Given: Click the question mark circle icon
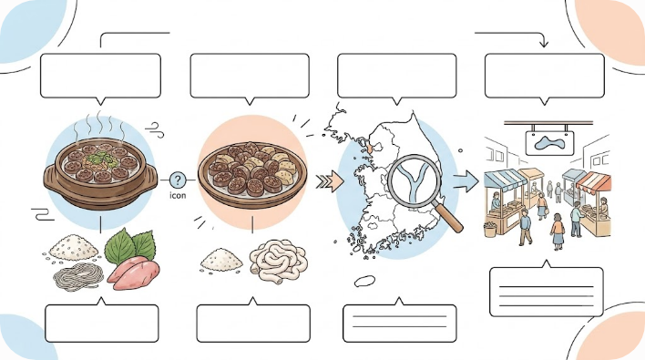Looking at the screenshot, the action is [178, 180].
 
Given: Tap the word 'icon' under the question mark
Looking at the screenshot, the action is [178, 195].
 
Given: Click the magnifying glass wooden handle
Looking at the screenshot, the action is [449, 218].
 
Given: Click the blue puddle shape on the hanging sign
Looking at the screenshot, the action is [549, 144].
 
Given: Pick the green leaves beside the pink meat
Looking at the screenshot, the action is [129, 246].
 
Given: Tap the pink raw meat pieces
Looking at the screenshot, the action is [133, 273].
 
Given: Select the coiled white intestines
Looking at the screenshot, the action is [279, 259].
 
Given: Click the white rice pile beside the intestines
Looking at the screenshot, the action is [221, 259].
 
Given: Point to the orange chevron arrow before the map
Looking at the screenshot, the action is [330, 181].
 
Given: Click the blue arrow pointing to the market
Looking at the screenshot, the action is [466, 181].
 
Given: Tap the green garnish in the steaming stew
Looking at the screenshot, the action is [98, 158].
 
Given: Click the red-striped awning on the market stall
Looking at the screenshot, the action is [594, 183].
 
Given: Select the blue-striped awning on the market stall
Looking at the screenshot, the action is [505, 180].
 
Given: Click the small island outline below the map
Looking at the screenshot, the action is [364, 281].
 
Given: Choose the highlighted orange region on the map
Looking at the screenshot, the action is [370, 147].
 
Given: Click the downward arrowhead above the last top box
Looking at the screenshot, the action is [544, 43].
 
